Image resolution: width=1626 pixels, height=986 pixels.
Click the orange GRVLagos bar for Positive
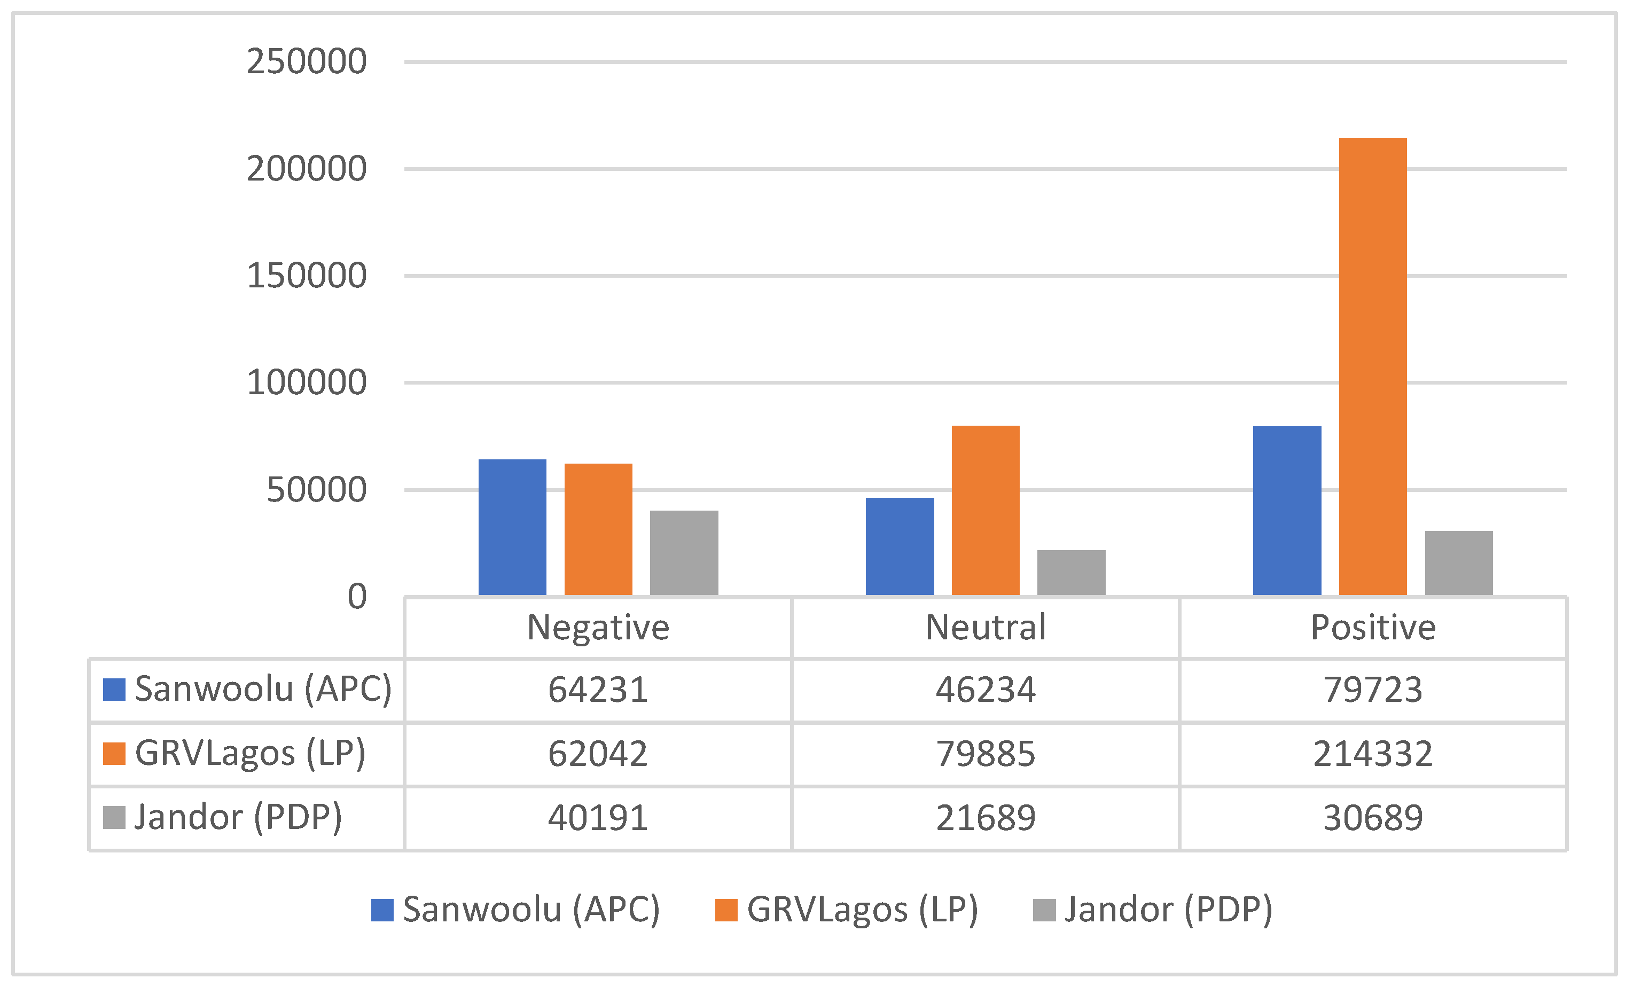pos(1373,366)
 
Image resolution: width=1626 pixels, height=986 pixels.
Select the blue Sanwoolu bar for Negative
pos(512,527)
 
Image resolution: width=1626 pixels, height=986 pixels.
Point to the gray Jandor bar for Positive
pos(1458,563)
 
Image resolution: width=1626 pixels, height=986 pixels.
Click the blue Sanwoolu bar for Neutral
pos(900,546)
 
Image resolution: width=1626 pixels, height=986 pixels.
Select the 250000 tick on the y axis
pos(306,62)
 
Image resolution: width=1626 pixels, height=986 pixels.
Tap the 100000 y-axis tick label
pos(306,383)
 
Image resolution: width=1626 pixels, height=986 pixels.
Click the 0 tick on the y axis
pos(356,597)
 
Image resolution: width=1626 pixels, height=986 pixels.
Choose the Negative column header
pos(598,627)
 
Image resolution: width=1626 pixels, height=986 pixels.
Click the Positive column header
pos(1373,627)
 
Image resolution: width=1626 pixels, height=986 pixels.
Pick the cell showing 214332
pos(1373,754)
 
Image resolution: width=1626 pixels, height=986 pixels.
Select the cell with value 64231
pos(598,690)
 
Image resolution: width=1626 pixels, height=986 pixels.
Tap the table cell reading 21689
pos(985,818)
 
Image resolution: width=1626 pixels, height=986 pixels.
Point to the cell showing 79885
pos(985,754)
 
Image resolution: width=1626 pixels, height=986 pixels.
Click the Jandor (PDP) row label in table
pos(238,818)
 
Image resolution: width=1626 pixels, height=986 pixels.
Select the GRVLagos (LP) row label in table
pos(249,754)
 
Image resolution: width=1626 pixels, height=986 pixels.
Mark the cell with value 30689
pos(1373,818)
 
